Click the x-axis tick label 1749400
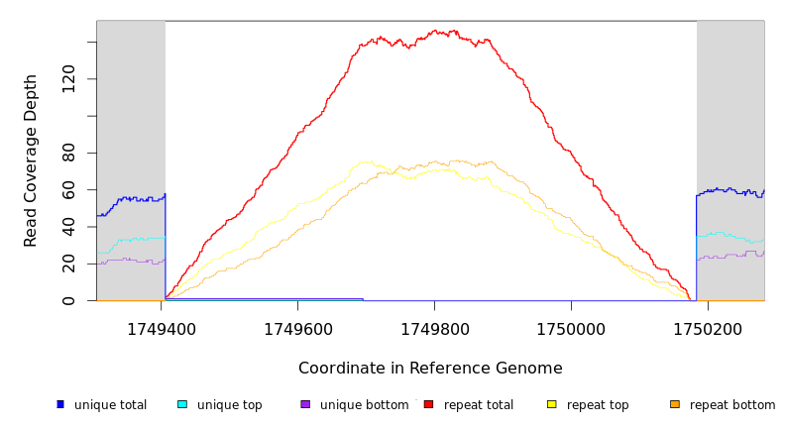pos(161,329)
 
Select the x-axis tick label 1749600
pos(297,329)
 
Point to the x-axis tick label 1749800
pos(434,329)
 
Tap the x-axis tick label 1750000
pos(571,329)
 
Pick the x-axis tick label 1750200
pos(708,329)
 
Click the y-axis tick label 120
pos(68,79)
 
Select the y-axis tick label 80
pos(68,153)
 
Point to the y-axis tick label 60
pos(68,189)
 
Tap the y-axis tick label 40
pos(68,227)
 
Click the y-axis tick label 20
pos(68,264)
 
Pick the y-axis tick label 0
pos(68,300)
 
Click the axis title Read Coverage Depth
pos(31,160)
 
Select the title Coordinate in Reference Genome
pos(430,369)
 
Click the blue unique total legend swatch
pos(60,404)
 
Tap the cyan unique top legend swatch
pos(182,404)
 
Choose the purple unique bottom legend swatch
pos(305,404)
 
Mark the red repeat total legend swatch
pos(428,404)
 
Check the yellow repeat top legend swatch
pos(551,404)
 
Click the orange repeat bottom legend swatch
pos(675,404)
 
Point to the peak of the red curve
pos(452,31)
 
